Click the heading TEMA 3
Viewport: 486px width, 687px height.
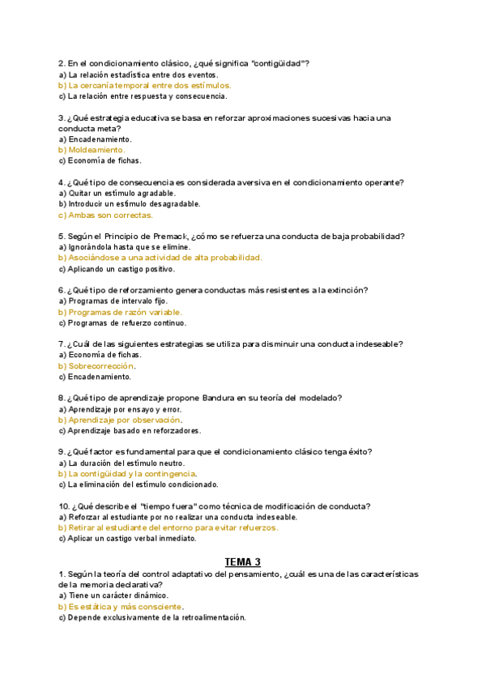coord(243,562)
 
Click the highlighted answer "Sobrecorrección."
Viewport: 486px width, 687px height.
coord(96,365)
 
